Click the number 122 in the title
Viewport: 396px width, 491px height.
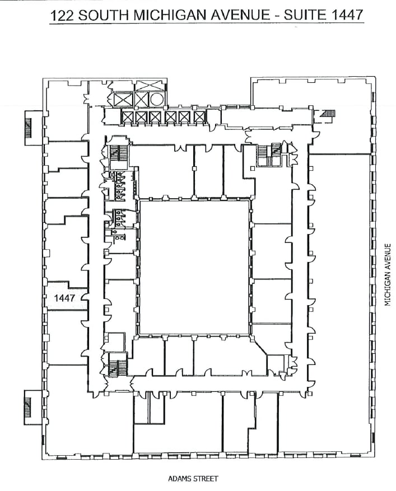click(x=63, y=15)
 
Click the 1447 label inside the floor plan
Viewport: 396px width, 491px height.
click(x=64, y=298)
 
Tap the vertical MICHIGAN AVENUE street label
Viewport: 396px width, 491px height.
click(x=386, y=274)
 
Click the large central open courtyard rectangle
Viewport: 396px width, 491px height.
click(x=194, y=267)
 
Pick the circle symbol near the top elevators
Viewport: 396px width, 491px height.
click(x=157, y=100)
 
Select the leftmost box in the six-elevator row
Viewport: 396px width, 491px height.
click(x=128, y=118)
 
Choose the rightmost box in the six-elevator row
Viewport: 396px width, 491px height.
click(x=199, y=118)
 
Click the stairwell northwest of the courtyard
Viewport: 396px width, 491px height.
click(x=118, y=153)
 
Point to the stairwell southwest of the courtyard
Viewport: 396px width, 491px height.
click(x=118, y=367)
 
